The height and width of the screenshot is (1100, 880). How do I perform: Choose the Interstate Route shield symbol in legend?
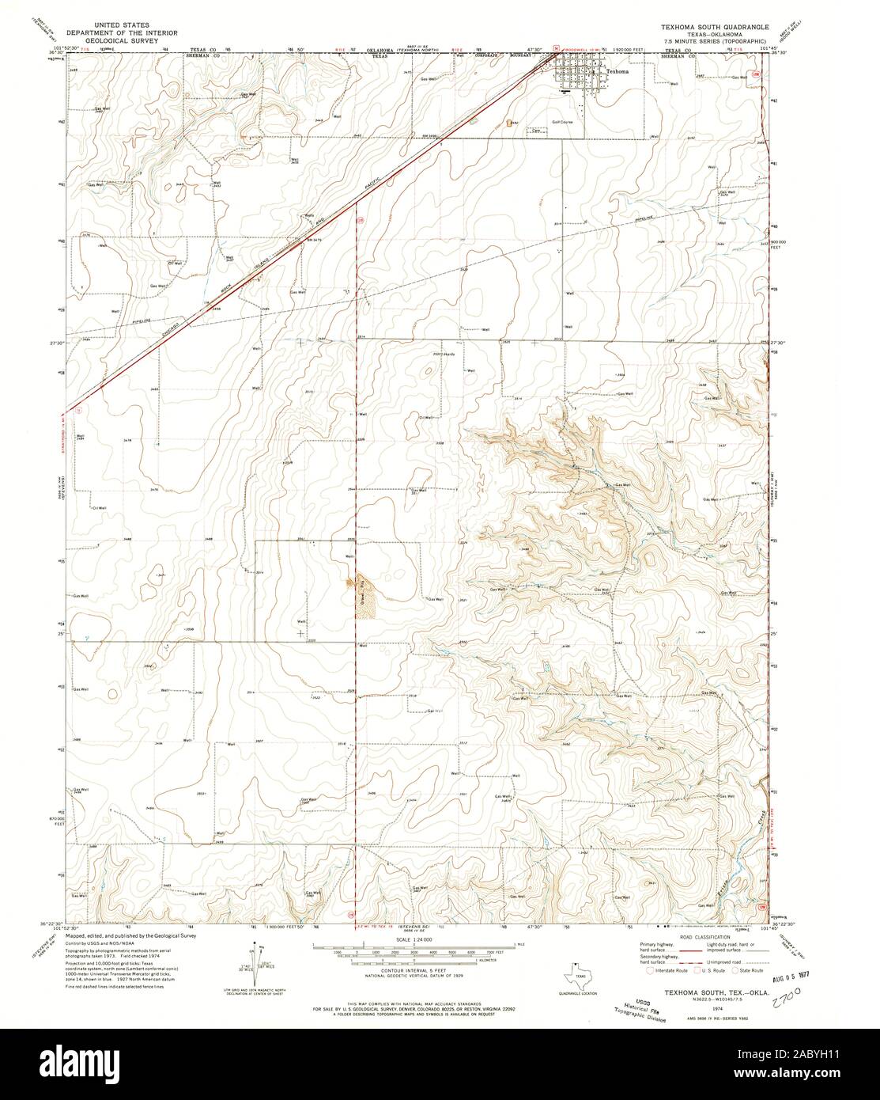[649, 969]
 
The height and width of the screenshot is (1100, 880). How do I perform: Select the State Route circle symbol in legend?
[734, 969]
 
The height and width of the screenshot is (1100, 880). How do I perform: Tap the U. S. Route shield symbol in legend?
[689, 969]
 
